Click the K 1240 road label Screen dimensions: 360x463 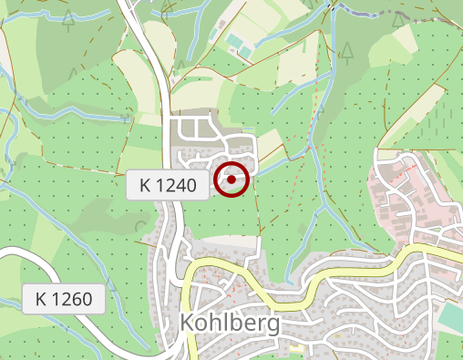169,186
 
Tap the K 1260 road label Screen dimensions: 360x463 64,298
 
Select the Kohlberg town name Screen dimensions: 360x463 230,324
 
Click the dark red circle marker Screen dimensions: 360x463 232,180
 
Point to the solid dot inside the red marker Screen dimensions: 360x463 232,180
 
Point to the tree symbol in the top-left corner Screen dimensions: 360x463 68,20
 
